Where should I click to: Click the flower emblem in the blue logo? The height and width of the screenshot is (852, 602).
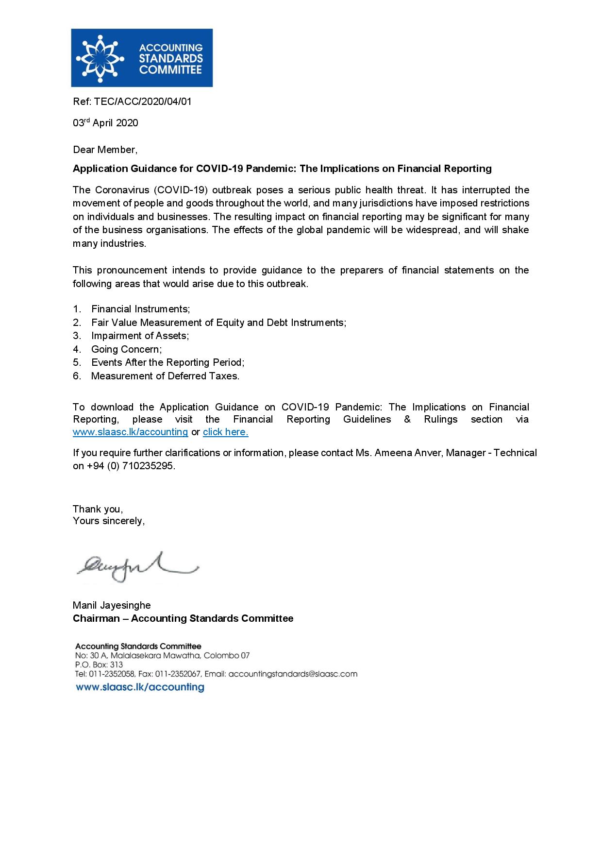tap(101, 58)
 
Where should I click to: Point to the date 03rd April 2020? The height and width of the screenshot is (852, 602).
tap(105, 123)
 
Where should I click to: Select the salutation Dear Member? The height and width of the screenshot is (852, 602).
tap(105, 150)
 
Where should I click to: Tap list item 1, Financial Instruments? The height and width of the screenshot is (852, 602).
tap(140, 309)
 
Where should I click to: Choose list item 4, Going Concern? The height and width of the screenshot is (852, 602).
tap(126, 349)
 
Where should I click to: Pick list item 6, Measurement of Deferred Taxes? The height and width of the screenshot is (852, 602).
tap(165, 376)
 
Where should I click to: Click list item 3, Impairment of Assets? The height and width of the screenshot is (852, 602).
tap(140, 336)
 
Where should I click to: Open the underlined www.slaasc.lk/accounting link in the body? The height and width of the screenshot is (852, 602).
tap(130, 432)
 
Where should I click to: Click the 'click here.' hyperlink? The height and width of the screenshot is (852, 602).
tap(225, 432)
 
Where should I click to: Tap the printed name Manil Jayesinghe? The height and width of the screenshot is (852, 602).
tap(112, 605)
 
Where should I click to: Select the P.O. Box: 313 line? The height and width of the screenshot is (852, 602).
tap(99, 665)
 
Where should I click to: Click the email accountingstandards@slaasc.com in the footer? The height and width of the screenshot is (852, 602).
tap(292, 674)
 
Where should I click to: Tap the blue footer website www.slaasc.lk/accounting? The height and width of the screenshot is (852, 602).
tap(140, 687)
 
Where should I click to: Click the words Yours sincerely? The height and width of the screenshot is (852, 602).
tap(108, 521)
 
